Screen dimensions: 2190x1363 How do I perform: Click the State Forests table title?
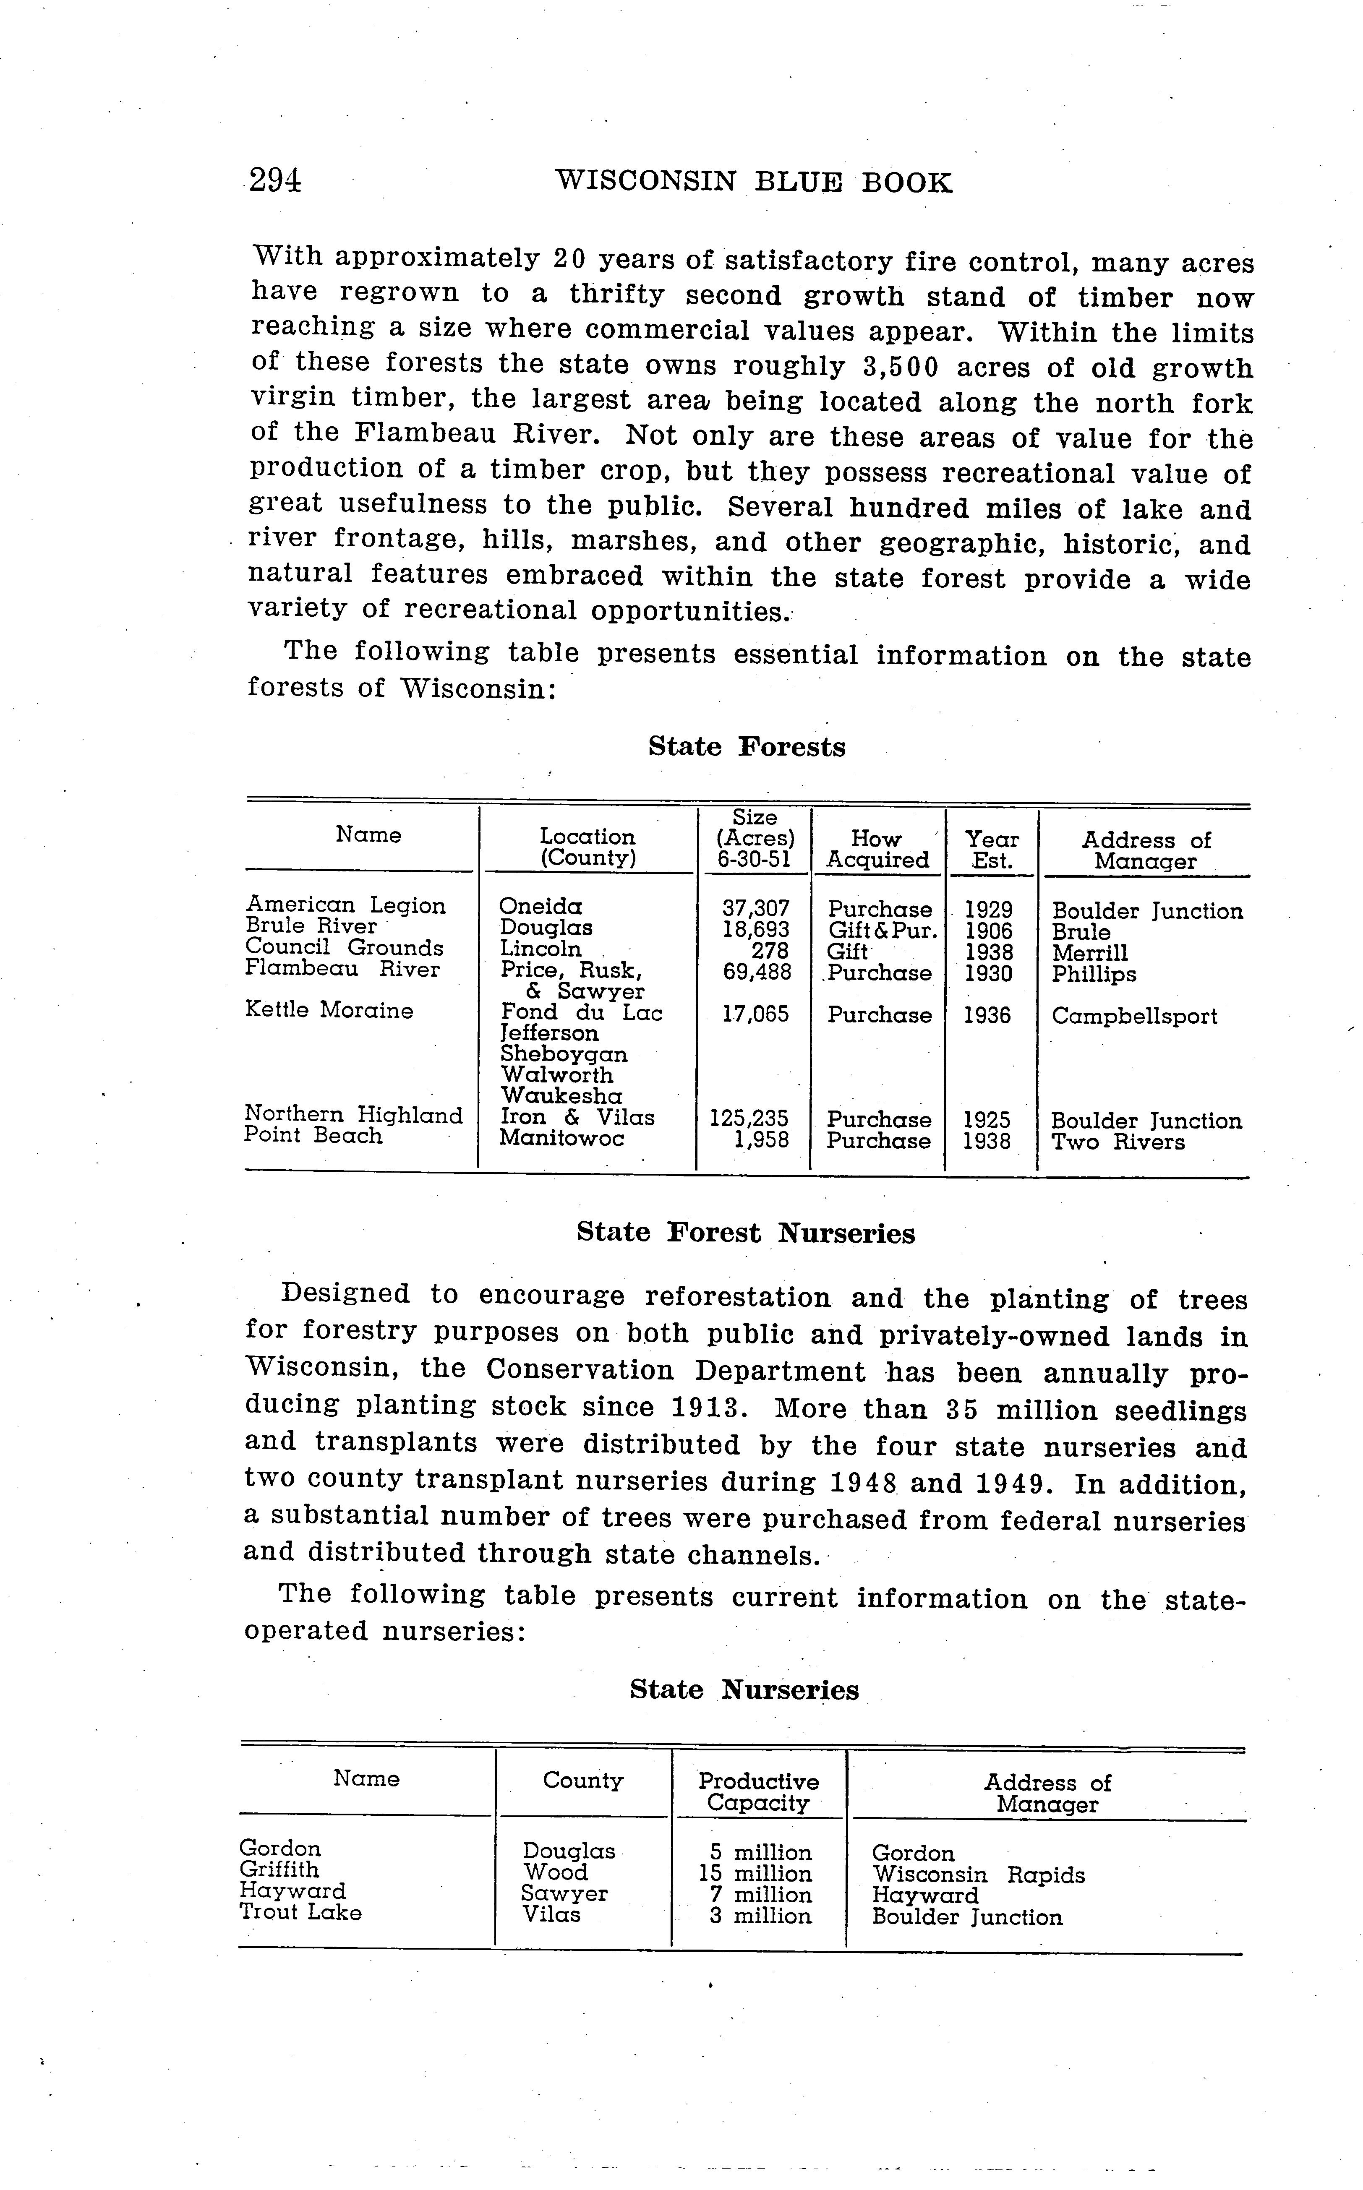coord(747,747)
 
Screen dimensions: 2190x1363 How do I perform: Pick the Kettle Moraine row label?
coord(329,1010)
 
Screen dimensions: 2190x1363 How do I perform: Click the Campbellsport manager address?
coord(1134,1017)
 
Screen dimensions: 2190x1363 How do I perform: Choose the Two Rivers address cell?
coord(1118,1142)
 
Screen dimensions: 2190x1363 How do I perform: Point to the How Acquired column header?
coord(877,850)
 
